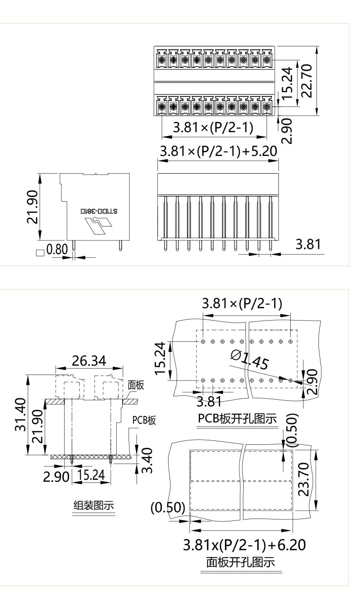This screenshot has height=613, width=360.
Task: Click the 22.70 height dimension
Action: [x=307, y=81]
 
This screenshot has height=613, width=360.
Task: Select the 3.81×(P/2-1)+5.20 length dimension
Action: [x=218, y=151]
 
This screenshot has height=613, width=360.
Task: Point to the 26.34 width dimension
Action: [x=89, y=361]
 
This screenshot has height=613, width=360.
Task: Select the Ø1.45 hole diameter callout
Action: [x=249, y=360]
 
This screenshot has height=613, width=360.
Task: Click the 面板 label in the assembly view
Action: [x=136, y=385]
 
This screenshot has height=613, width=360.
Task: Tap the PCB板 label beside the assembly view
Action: [x=144, y=421]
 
